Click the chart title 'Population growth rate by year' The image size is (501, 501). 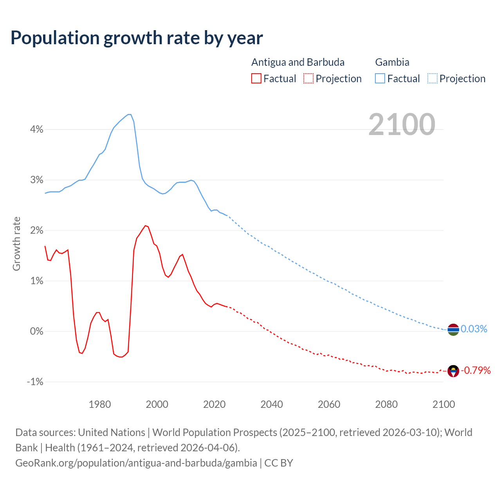[x=137, y=38]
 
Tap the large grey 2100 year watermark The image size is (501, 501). [x=402, y=124]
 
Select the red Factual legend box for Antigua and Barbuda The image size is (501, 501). [x=256, y=78]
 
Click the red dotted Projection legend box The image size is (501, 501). [x=308, y=78]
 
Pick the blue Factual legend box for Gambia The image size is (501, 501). [x=380, y=78]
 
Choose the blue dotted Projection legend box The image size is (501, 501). [x=432, y=78]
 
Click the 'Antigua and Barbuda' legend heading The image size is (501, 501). [x=298, y=62]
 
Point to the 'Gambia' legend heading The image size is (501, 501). [x=392, y=62]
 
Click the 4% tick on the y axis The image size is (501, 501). [x=36, y=129]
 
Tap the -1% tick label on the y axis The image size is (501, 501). [x=35, y=382]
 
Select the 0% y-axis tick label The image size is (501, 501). [x=36, y=331]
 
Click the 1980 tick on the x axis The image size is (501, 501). [x=100, y=404]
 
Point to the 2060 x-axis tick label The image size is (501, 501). [x=329, y=404]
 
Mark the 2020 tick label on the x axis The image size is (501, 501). [x=214, y=404]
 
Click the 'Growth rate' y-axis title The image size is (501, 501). [x=16, y=243]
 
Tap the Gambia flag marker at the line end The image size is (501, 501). [x=453, y=330]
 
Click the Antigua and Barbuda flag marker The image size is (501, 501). [x=453, y=371]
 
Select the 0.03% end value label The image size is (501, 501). [x=474, y=329]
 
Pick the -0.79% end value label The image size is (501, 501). [x=476, y=370]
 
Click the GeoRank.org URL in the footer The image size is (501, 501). [x=136, y=463]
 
